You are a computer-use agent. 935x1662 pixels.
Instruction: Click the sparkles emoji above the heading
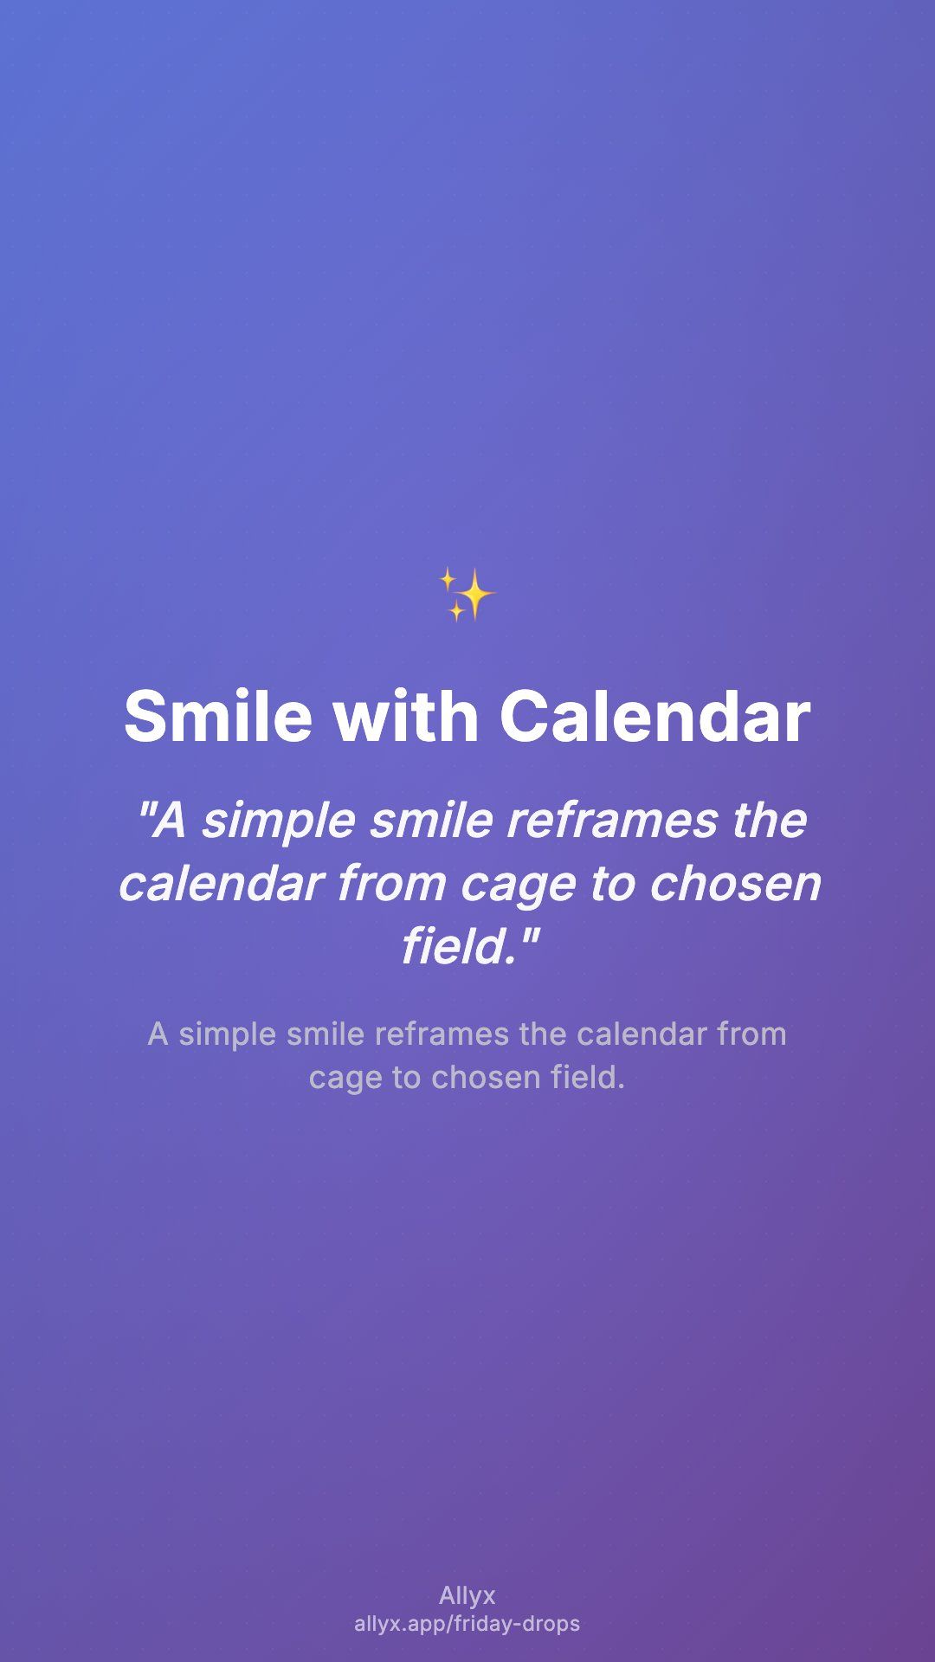coord(467,595)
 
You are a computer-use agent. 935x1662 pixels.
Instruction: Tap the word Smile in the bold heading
coord(218,717)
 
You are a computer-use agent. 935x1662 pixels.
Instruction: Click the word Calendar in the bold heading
coord(654,717)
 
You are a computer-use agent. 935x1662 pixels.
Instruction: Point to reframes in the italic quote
coord(611,820)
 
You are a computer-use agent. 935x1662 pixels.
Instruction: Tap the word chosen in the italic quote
coord(734,883)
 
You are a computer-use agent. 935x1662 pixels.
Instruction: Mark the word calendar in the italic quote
coord(221,883)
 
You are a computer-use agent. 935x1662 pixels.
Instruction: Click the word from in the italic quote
coord(391,883)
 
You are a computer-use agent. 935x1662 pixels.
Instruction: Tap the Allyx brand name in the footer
coord(467,1595)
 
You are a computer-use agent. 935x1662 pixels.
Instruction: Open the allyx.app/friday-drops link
coord(467,1624)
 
